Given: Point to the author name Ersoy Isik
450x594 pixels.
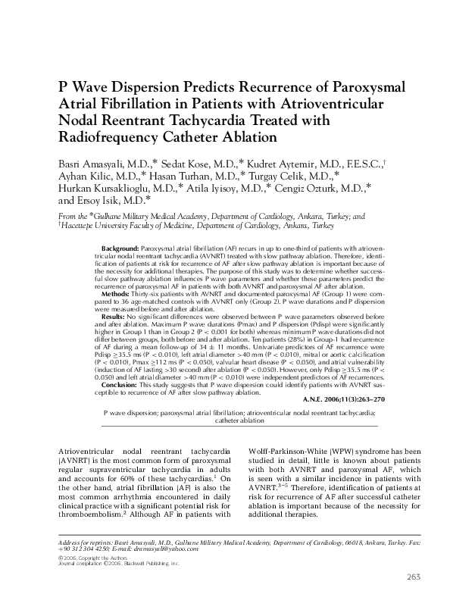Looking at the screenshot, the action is [107, 201].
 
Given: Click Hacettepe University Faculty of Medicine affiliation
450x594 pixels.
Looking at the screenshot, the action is [130, 225].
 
